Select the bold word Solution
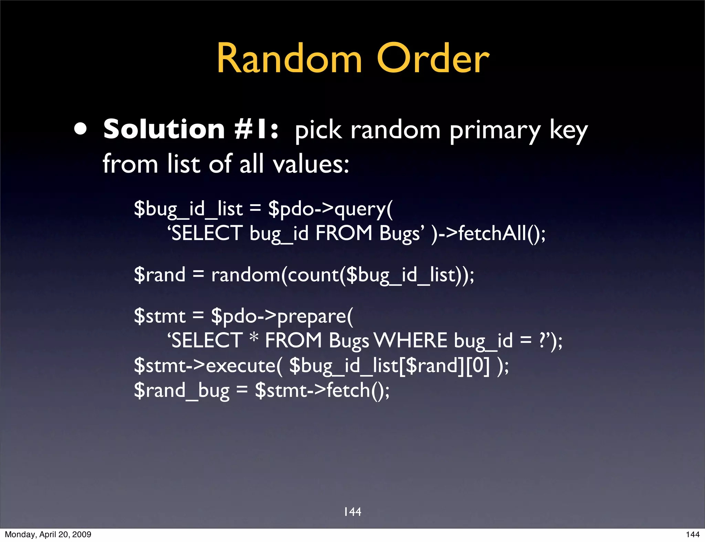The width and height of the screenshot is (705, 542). tap(164, 130)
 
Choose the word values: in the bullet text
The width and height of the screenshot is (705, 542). tap(311, 164)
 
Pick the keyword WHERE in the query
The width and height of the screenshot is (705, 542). tap(411, 341)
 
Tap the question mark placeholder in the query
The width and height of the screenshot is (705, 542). tap(542, 340)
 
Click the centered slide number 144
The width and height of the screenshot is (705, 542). tap(352, 512)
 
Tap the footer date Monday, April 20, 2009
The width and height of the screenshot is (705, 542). tap(48, 534)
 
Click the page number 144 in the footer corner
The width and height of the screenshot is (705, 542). tap(693, 534)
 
